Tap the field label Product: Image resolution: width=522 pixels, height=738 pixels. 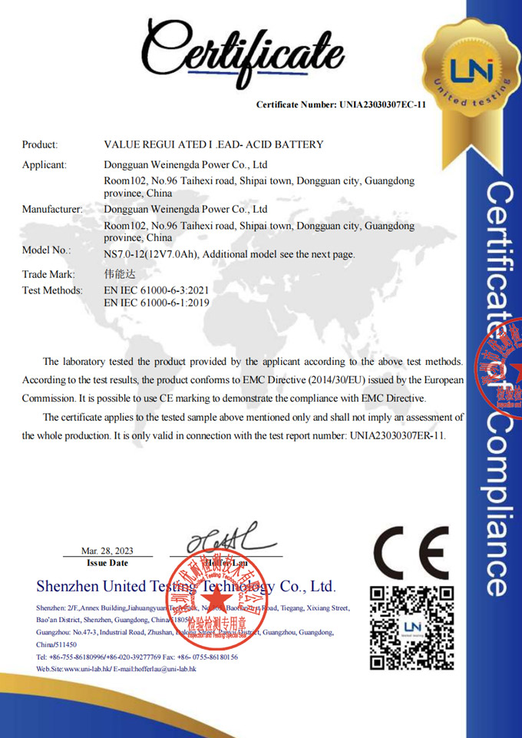pyautogui.click(x=40, y=144)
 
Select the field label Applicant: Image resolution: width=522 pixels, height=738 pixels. pyautogui.click(x=44, y=164)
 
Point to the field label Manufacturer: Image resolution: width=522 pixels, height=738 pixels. pyautogui.click(x=51, y=209)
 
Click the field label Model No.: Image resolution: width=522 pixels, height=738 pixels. pyautogui.click(x=46, y=250)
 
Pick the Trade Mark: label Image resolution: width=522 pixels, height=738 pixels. pyautogui.click(x=48, y=273)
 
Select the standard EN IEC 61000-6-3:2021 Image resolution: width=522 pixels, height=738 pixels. pyautogui.click(x=156, y=290)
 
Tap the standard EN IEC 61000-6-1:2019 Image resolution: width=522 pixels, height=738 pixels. pyautogui.click(x=156, y=303)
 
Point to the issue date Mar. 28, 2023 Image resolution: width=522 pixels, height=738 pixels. pyautogui.click(x=107, y=551)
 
